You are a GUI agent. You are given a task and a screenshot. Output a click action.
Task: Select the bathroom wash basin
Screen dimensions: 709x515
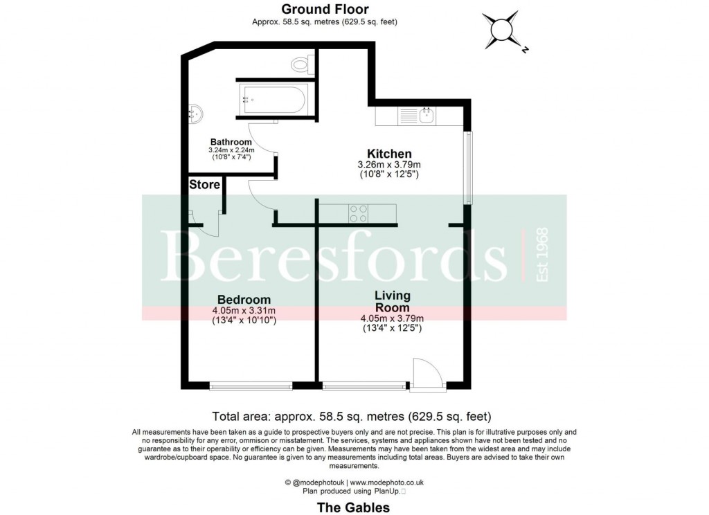(x=195, y=114)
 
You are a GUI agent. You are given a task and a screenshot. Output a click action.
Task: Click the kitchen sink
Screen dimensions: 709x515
(x=427, y=116)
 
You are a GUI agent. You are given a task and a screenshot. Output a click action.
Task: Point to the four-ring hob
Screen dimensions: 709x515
(x=358, y=213)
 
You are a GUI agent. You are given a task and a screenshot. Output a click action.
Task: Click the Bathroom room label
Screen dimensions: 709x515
(x=231, y=142)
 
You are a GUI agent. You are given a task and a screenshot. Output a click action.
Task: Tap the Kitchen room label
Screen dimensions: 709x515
(x=389, y=154)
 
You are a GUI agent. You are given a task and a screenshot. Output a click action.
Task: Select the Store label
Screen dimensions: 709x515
(x=204, y=185)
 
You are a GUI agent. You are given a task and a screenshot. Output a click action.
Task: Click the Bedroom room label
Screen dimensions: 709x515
(x=244, y=300)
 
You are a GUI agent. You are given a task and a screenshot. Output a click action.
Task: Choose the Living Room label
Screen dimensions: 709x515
(x=393, y=301)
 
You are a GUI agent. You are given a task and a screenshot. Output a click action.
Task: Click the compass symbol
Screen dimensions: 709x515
(x=503, y=30)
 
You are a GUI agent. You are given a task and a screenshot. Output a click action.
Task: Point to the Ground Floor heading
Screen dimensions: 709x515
(x=325, y=9)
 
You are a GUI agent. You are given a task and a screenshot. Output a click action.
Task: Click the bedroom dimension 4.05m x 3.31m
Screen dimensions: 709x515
(x=244, y=311)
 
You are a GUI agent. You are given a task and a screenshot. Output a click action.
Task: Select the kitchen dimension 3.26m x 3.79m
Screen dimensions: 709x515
(x=389, y=165)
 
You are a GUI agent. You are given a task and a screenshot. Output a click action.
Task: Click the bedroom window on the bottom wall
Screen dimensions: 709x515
(x=251, y=386)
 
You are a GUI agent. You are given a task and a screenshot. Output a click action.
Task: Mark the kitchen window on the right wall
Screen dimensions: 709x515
(x=469, y=168)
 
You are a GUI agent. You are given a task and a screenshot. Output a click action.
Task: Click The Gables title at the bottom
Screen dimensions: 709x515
(x=354, y=507)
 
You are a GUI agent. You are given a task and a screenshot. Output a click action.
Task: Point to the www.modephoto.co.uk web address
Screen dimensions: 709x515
(x=386, y=482)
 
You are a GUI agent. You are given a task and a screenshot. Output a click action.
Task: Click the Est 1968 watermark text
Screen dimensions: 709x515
(x=541, y=254)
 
